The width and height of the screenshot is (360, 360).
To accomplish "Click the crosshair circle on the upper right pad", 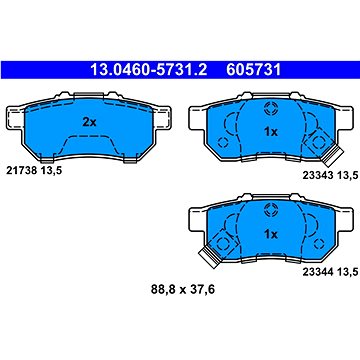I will coord(268,110).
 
